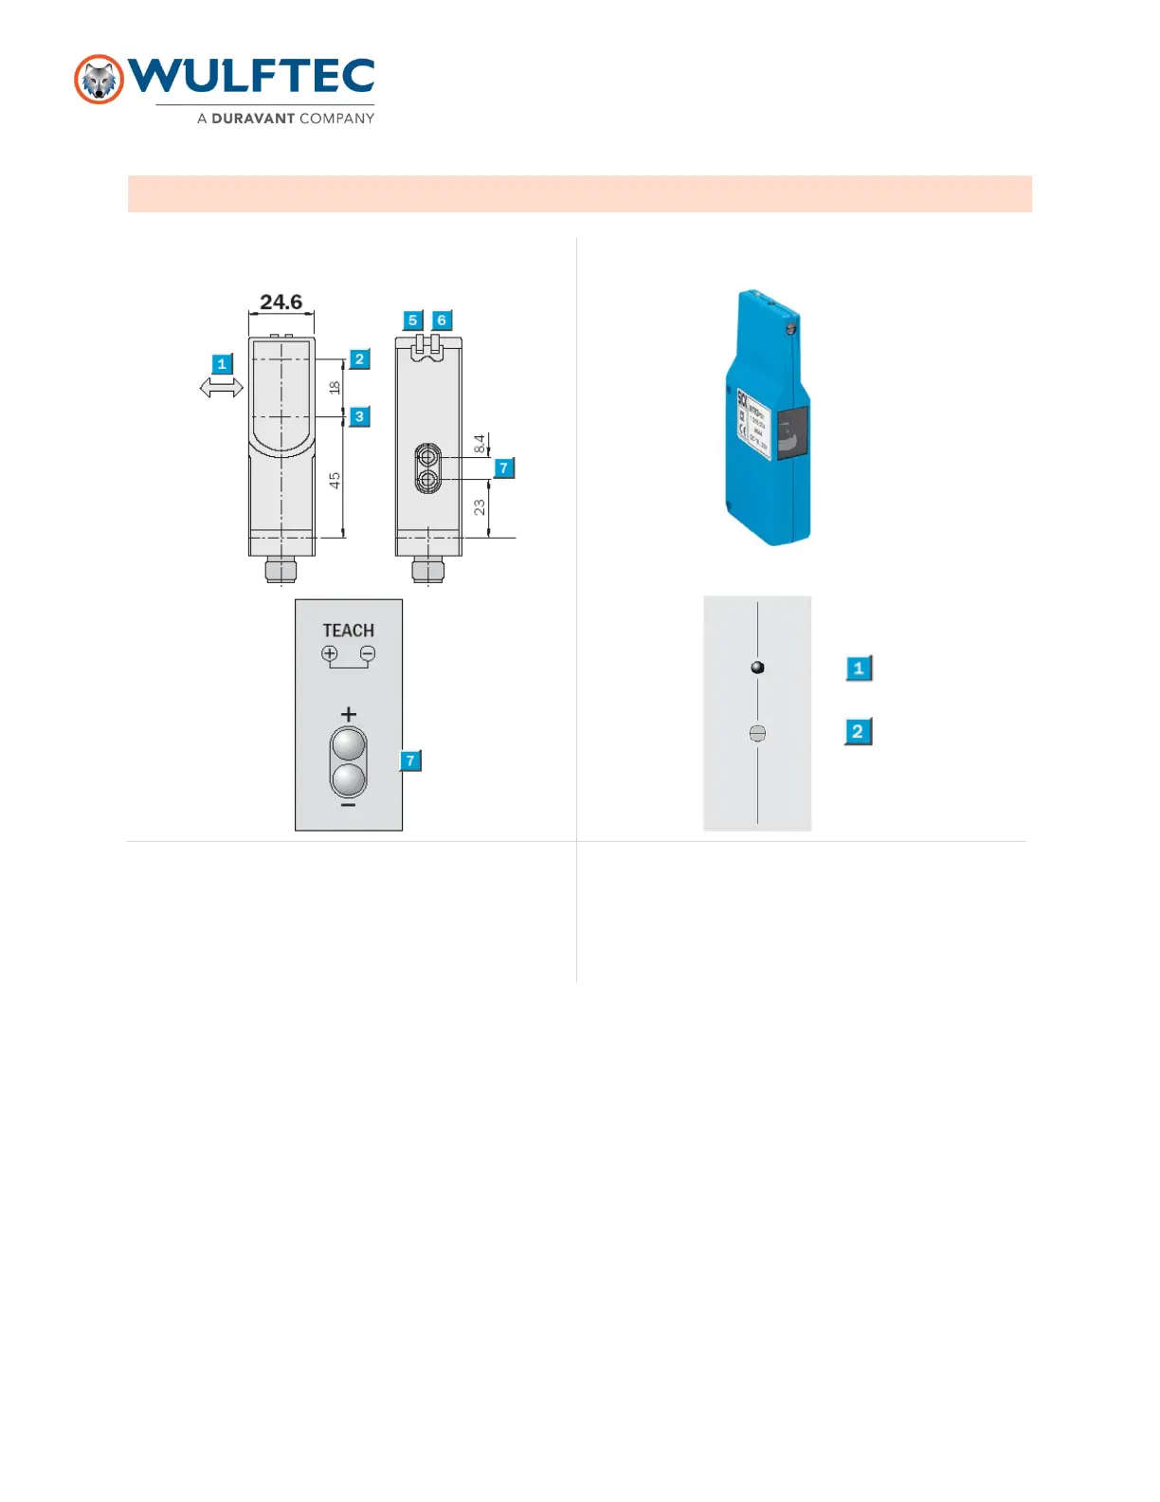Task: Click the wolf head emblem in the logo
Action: (x=99, y=80)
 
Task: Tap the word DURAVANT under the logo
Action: (x=253, y=119)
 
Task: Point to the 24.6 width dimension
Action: (x=281, y=302)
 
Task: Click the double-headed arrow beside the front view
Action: (x=222, y=387)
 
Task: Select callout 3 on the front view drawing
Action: (x=359, y=416)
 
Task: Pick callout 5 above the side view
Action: (x=412, y=321)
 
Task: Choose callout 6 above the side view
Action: (x=442, y=321)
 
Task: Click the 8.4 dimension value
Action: (x=480, y=444)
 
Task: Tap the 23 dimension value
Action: (x=480, y=507)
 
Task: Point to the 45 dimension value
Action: (x=335, y=481)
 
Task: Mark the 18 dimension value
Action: (x=335, y=387)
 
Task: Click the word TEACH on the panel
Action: (x=348, y=631)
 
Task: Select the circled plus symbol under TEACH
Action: (x=330, y=653)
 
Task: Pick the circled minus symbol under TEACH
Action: (x=368, y=653)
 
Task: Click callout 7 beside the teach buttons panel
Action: (x=410, y=760)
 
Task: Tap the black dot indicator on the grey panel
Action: (x=757, y=668)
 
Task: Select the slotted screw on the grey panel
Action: (x=757, y=733)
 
